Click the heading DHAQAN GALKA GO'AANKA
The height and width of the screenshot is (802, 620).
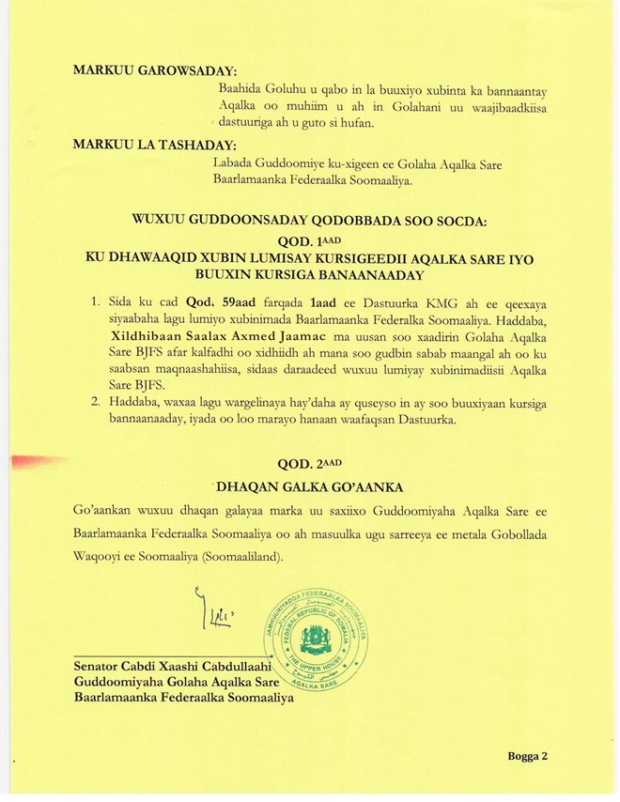point(309,486)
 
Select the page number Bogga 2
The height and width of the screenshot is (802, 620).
point(527,755)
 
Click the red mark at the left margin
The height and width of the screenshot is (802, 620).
point(34,461)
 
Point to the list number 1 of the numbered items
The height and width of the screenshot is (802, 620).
point(94,302)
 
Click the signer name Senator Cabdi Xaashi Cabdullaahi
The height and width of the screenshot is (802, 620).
point(165,667)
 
